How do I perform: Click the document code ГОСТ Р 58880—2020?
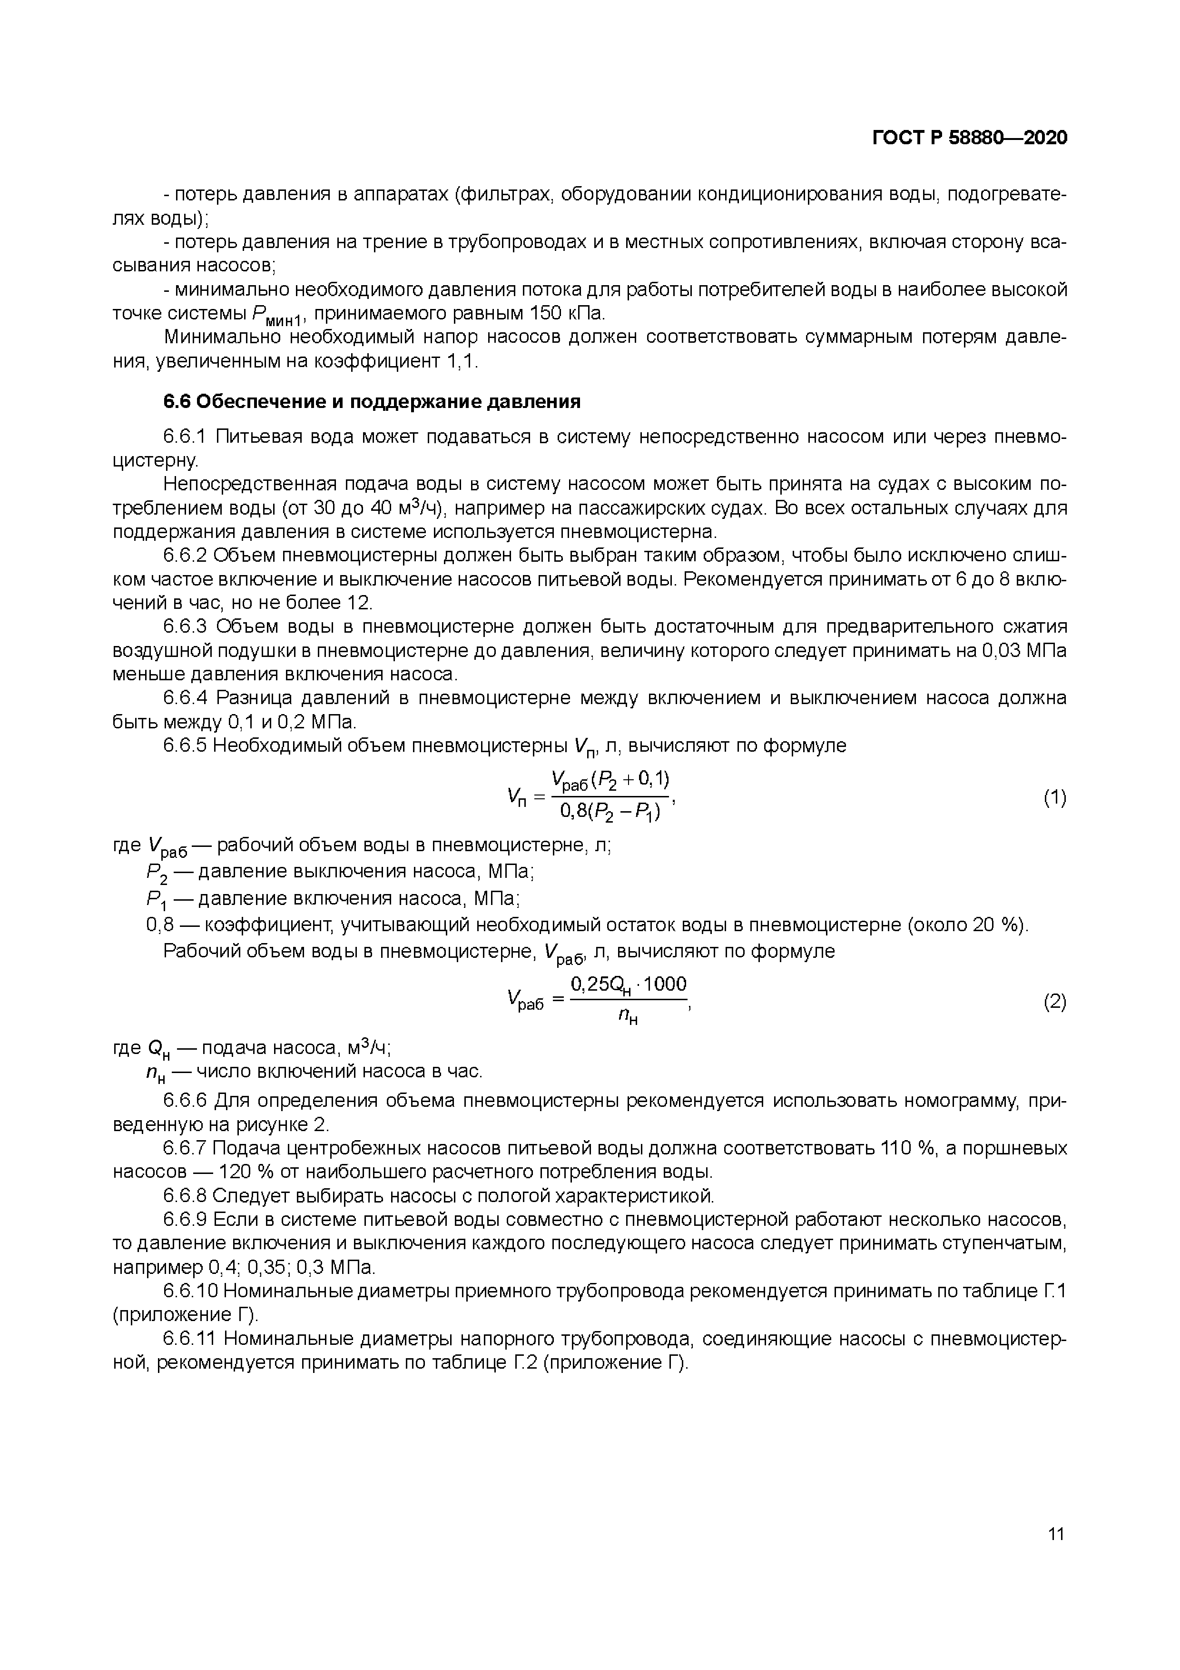[x=969, y=138]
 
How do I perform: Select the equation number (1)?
[x=1055, y=798]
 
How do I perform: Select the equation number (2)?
[x=1055, y=1002]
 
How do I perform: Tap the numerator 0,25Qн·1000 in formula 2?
[x=628, y=985]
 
